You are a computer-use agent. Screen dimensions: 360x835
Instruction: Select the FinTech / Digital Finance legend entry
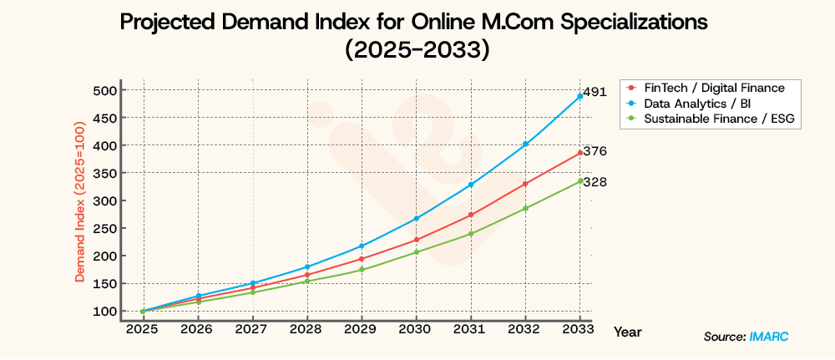[713, 88]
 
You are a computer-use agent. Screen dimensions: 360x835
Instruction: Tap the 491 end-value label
[595, 94]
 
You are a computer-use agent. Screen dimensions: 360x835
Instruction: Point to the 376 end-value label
[595, 151]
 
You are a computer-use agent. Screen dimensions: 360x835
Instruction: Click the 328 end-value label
[595, 182]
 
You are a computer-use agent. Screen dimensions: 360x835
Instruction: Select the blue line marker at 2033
[579, 96]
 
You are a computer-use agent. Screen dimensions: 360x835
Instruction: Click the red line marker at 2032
[525, 184]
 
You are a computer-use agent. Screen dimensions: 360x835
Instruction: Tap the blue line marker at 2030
[416, 218]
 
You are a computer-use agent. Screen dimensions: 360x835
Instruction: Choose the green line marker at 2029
[362, 269]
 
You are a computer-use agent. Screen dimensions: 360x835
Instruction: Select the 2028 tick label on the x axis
[306, 330]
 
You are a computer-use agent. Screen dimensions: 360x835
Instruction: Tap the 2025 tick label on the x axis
[143, 330]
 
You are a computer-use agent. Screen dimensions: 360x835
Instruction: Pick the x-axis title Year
[627, 332]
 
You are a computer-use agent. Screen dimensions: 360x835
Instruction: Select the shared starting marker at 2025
[143, 311]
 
